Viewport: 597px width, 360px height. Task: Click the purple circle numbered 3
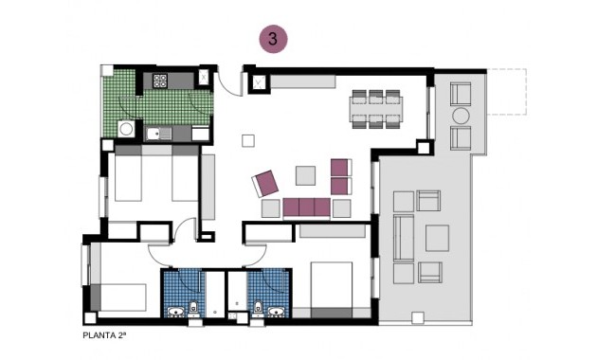click(x=273, y=39)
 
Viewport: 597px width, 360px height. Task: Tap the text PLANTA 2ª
click(x=110, y=334)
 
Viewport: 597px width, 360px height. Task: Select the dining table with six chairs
click(x=375, y=106)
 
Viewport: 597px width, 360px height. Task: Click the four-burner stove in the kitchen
click(x=158, y=80)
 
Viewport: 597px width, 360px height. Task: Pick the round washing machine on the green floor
click(x=124, y=130)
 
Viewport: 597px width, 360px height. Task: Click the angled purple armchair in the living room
click(x=265, y=182)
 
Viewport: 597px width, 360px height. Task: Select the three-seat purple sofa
click(x=305, y=207)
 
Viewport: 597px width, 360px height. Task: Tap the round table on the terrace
click(x=461, y=116)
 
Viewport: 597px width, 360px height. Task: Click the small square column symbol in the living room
click(x=248, y=142)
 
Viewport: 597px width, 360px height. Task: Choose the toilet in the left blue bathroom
click(x=193, y=307)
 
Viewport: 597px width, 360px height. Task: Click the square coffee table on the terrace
click(x=436, y=237)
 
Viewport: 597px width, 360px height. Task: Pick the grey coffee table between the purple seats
click(x=305, y=175)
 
